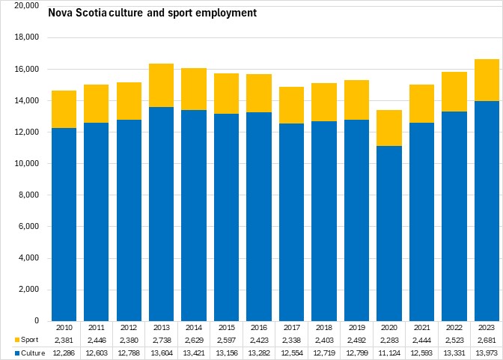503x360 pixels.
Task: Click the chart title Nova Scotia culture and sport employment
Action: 152,13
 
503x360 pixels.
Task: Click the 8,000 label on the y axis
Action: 31,195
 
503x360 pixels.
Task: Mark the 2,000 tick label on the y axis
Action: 31,290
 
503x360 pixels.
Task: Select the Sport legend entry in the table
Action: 23,340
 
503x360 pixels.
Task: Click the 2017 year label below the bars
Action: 291,327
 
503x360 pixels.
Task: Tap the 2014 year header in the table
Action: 194,327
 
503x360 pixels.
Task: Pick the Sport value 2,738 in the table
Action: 161,340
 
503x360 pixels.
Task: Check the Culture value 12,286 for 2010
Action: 64,353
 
